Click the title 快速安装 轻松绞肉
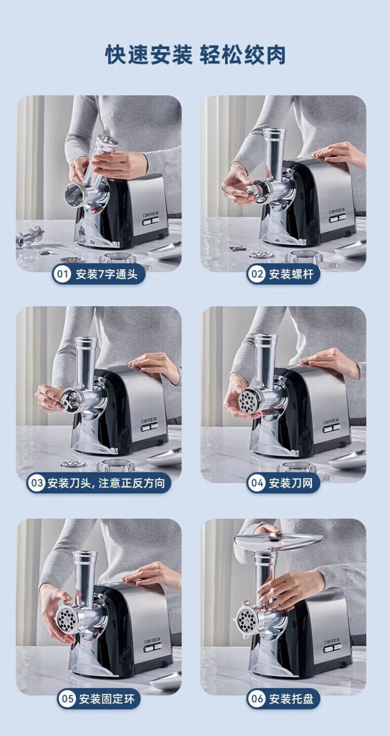pyautogui.click(x=195, y=55)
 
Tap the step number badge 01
pyautogui.click(x=62, y=274)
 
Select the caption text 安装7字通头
pyautogui.click(x=107, y=274)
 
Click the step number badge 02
pyautogui.click(x=256, y=274)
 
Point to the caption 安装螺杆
pyautogui.click(x=291, y=274)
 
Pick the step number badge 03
pyautogui.click(x=36, y=483)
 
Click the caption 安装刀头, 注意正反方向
pyautogui.click(x=106, y=483)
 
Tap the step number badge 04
pyautogui.click(x=256, y=483)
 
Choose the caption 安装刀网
pyautogui.click(x=291, y=483)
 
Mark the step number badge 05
pyautogui.click(x=67, y=696)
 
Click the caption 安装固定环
pyautogui.click(x=107, y=696)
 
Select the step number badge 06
pyautogui.click(x=256, y=696)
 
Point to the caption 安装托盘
pyautogui.click(x=291, y=696)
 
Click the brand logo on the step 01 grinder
pyautogui.click(x=151, y=214)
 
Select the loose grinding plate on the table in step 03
pyautogui.click(x=73, y=464)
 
